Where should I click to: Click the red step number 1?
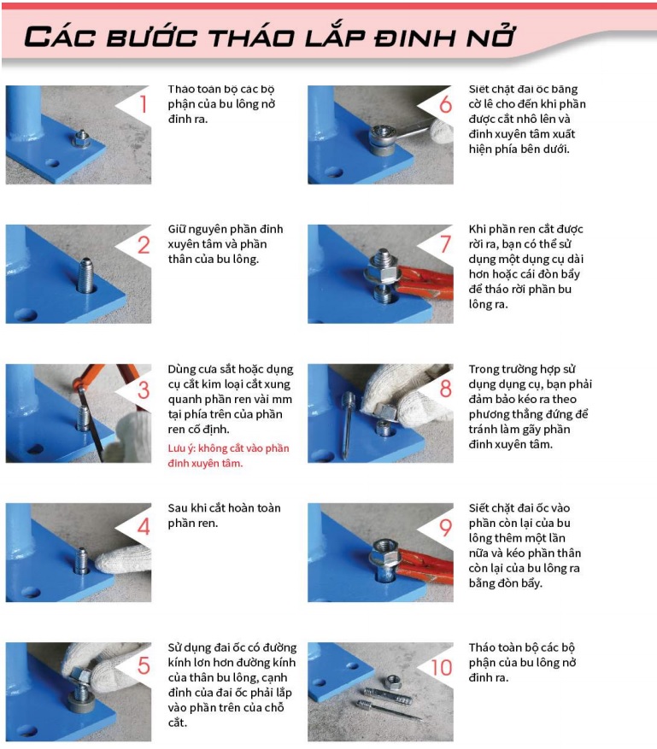click(x=143, y=103)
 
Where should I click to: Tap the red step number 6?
click(x=445, y=104)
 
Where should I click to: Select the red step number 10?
click(x=442, y=667)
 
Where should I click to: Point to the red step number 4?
click(x=144, y=526)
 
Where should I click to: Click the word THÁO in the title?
click(x=251, y=38)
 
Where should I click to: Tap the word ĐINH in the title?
click(x=414, y=38)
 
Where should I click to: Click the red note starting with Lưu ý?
click(x=228, y=456)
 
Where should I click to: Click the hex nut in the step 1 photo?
click(x=80, y=139)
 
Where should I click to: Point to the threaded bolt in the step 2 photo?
click(x=86, y=275)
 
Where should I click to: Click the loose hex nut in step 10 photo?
click(x=393, y=680)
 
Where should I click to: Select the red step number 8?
click(x=445, y=388)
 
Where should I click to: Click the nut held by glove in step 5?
click(x=81, y=677)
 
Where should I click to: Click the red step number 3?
click(x=144, y=389)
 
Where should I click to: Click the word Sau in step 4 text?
click(x=177, y=508)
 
